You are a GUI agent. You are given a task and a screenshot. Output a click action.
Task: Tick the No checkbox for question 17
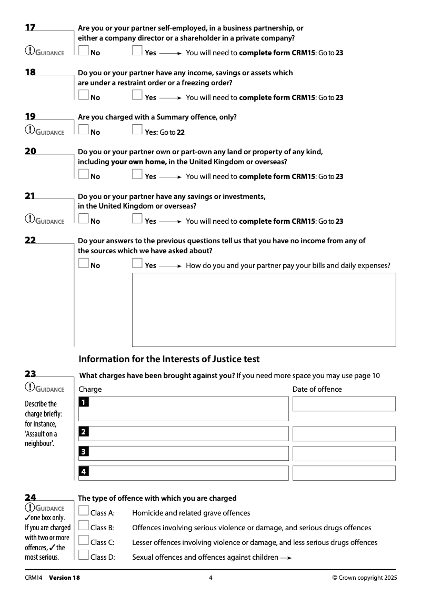[x=83, y=51]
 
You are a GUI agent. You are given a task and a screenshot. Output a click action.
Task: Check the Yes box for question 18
[x=137, y=95]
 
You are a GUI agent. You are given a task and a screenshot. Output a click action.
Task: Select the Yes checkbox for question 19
[x=137, y=130]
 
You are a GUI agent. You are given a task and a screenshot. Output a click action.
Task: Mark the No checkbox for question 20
[x=83, y=174]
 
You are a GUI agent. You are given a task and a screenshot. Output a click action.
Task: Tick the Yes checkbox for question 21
[x=137, y=219]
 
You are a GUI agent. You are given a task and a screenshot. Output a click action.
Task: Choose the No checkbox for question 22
[x=83, y=263]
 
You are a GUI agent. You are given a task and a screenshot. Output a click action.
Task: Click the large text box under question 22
[x=264, y=310]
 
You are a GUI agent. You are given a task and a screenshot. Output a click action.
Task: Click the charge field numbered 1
[x=183, y=409]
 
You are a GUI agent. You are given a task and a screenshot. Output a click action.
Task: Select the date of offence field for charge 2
[x=344, y=434]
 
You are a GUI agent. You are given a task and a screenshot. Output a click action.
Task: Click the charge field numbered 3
[x=183, y=453]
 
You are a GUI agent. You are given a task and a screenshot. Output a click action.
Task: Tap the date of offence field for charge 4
[x=344, y=473]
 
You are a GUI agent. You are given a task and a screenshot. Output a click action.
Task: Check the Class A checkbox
[x=83, y=511]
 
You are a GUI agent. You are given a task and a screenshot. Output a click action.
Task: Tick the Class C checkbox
[x=83, y=540]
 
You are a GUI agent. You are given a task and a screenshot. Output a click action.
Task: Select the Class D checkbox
[x=83, y=555]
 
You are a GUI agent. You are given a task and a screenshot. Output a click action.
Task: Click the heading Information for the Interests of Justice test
[x=169, y=359]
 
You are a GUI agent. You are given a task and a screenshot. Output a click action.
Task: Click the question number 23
[x=31, y=374]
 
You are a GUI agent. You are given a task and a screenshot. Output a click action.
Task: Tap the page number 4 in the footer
[x=210, y=578]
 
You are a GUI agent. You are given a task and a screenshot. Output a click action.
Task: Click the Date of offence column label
[x=317, y=389]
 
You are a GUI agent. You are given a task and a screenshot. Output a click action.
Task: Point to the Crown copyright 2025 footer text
[x=365, y=578]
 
